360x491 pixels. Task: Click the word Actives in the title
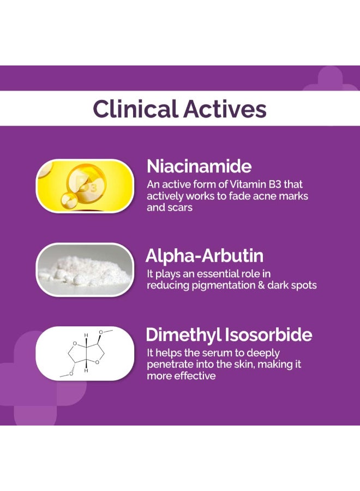225,109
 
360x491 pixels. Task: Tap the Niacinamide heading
199,166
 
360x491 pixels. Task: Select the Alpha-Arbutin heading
205,256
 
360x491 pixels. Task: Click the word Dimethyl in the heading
184,334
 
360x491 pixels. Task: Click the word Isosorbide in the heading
268,334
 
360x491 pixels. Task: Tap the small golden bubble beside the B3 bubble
69,201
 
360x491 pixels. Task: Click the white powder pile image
85,270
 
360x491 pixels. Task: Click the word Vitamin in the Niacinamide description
248,184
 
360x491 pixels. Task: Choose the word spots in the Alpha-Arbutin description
304,285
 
